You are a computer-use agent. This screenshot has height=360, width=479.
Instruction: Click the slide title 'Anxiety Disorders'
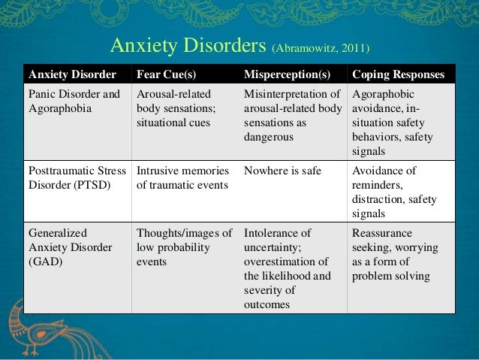(187, 47)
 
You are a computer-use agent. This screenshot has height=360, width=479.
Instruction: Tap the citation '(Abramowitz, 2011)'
(319, 50)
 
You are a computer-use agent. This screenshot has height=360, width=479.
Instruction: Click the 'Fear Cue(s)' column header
(166, 75)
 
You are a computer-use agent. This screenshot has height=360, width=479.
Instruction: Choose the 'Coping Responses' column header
(398, 75)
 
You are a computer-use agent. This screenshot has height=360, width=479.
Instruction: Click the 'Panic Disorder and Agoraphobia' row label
(74, 101)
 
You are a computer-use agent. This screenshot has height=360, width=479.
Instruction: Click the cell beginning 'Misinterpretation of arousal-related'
(292, 116)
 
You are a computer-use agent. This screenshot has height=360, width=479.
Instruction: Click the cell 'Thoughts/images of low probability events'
(184, 247)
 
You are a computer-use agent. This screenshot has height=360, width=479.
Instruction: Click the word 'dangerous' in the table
(268, 138)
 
